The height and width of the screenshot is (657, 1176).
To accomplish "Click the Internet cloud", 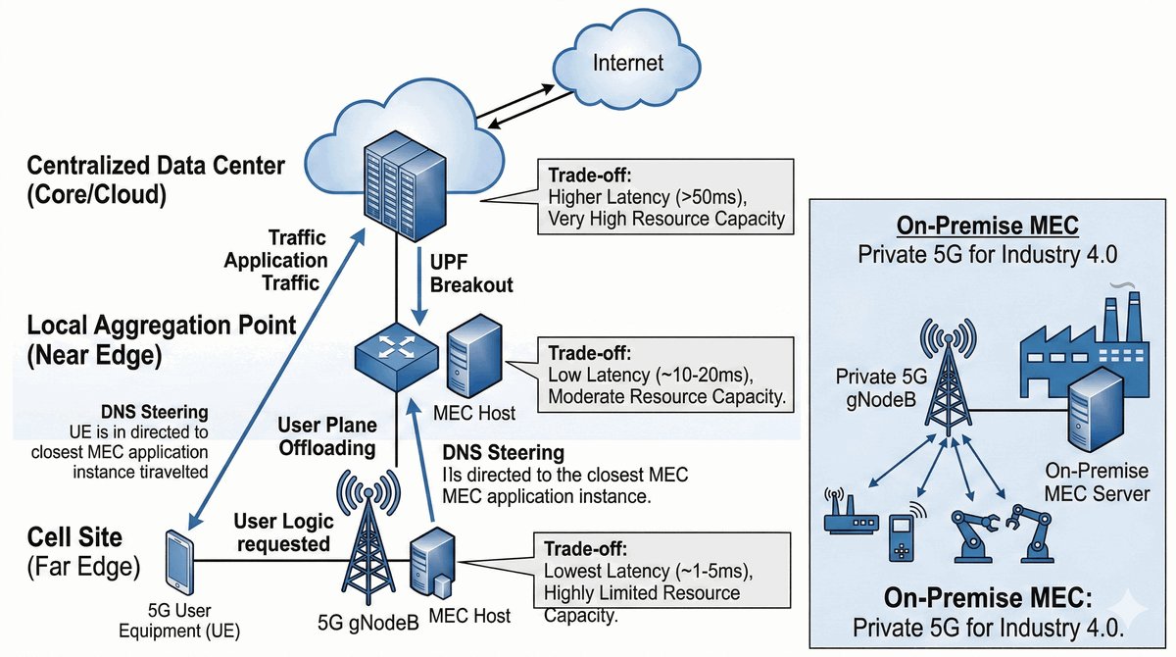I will pyautogui.click(x=626, y=66).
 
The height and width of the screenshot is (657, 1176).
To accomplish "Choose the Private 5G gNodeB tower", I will pyautogui.click(x=947, y=378).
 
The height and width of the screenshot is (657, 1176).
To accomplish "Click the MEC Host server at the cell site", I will pyautogui.click(x=432, y=564).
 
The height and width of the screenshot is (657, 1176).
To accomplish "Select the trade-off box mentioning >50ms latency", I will pyautogui.click(x=665, y=199).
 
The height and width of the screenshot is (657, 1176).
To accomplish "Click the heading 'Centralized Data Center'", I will pyautogui.click(x=157, y=166).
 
